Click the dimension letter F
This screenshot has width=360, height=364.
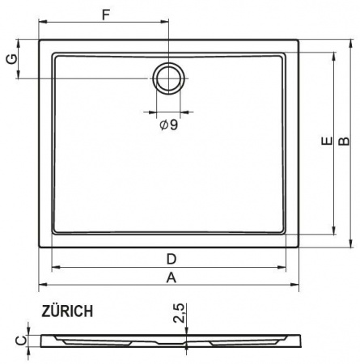(106, 15)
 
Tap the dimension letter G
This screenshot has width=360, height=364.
(12, 59)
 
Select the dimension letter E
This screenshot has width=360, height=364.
(327, 141)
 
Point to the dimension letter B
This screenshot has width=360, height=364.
(344, 141)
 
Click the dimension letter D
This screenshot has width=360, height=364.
(172, 259)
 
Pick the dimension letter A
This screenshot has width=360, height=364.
(172, 277)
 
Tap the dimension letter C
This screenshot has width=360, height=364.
(21, 341)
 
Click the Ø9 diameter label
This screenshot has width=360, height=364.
(169, 125)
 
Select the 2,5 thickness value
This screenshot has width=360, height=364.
(179, 313)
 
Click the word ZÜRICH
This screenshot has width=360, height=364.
(67, 311)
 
